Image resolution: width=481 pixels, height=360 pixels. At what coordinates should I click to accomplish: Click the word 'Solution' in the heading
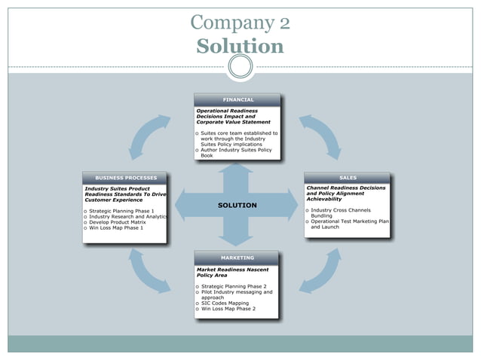coord(240,47)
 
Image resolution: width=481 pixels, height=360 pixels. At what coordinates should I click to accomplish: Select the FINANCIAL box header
coord(237,99)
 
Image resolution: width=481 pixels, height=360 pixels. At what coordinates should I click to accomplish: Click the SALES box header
coord(348,178)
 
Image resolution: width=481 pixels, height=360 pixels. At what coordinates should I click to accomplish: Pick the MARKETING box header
coord(237,258)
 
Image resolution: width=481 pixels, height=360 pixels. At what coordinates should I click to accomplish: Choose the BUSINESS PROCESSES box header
coord(125,178)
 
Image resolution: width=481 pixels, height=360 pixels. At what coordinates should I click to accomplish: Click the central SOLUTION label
coord(237,205)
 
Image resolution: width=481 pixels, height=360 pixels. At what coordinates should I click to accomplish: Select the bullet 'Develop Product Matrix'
coord(118,222)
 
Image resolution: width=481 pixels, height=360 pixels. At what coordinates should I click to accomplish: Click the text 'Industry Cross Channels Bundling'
coord(340,212)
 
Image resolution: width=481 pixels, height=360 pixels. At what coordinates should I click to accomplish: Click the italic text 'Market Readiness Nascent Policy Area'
coord(232,272)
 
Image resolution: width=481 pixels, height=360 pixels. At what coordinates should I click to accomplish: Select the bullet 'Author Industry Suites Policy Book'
coord(235,152)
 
